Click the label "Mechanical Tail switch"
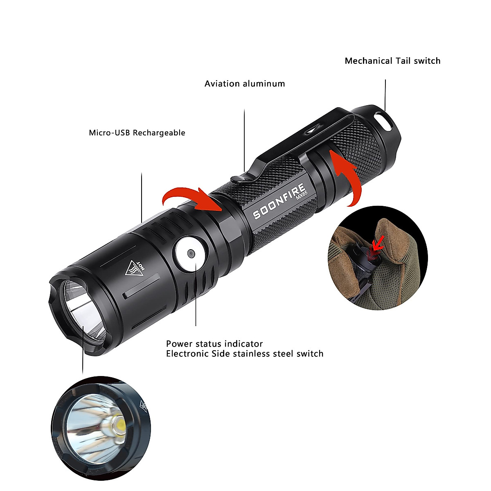[x=392, y=61]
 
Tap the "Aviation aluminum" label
[x=245, y=84]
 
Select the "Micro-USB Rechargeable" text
[x=137, y=133]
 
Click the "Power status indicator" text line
[x=214, y=344]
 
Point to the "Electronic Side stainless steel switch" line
[x=245, y=354]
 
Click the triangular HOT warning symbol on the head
[x=134, y=268]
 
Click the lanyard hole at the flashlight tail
[x=383, y=119]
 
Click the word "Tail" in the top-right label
[x=403, y=61]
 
